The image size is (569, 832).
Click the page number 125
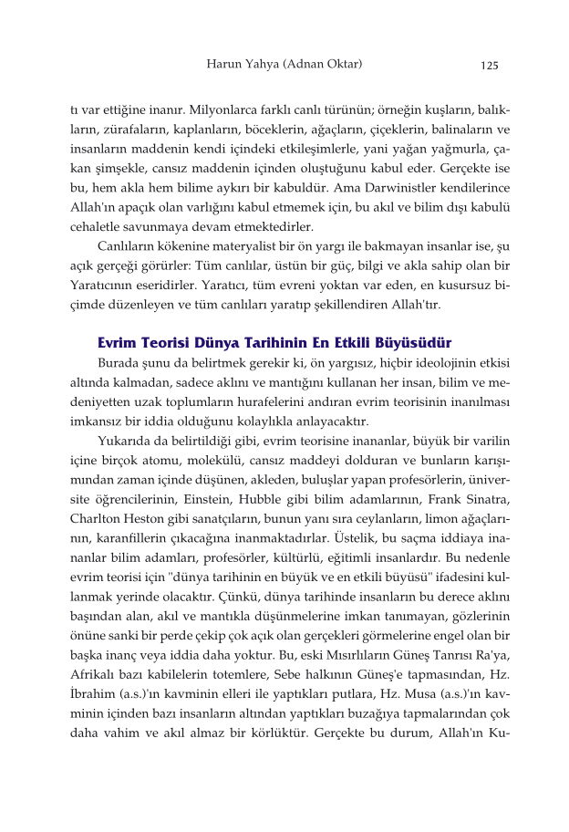[490, 65]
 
